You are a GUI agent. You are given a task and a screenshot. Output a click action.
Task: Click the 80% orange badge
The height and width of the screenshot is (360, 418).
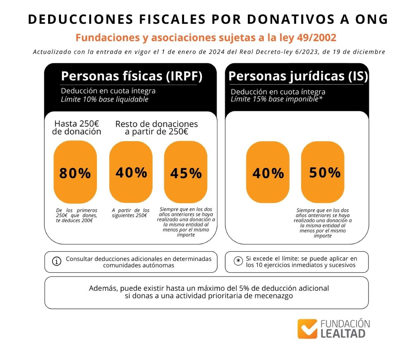[x=75, y=172]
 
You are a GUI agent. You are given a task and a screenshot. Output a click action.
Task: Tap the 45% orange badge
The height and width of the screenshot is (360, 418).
[x=186, y=172]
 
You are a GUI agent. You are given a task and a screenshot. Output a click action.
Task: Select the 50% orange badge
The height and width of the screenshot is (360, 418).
[x=323, y=172]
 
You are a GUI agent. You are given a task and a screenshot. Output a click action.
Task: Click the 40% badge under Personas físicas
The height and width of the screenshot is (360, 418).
[x=131, y=172]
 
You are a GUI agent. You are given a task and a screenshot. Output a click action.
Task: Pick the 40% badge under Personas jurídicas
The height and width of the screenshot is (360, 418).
[x=268, y=172]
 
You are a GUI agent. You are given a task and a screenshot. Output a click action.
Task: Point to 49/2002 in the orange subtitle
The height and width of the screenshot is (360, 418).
[x=316, y=38]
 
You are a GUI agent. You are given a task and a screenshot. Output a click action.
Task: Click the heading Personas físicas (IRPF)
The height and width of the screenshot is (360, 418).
[x=132, y=76]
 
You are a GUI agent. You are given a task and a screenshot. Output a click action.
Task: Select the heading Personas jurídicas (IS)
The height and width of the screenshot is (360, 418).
[x=298, y=76]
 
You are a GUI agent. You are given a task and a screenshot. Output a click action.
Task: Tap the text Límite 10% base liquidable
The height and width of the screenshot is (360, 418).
[x=105, y=99]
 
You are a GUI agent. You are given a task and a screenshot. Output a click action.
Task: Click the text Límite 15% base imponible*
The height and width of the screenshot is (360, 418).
[x=276, y=99]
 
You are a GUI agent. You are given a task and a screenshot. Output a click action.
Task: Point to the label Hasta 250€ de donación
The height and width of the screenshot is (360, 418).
[x=77, y=128]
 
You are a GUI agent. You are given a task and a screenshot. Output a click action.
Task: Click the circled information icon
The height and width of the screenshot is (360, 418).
[x=57, y=261]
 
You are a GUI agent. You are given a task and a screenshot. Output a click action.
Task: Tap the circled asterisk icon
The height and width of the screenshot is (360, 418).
[x=238, y=261]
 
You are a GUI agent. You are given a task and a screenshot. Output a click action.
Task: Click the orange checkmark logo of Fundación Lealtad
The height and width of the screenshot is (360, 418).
[x=307, y=329]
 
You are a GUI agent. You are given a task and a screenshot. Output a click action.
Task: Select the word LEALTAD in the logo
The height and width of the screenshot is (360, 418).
[x=343, y=334]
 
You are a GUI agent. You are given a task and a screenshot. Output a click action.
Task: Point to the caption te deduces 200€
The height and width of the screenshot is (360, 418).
[x=74, y=221]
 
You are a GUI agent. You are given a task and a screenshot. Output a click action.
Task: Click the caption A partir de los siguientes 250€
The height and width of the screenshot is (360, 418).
[x=131, y=213]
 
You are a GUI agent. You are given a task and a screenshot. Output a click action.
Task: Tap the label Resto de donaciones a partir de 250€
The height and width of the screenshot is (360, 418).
[x=156, y=128]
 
